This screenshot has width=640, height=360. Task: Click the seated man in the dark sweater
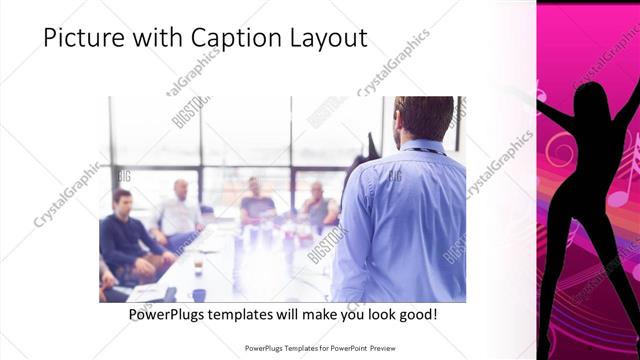click(x=125, y=235)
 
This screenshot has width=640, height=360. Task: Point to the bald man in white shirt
click(x=181, y=210)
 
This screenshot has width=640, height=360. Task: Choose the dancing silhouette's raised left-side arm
click(x=556, y=115)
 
